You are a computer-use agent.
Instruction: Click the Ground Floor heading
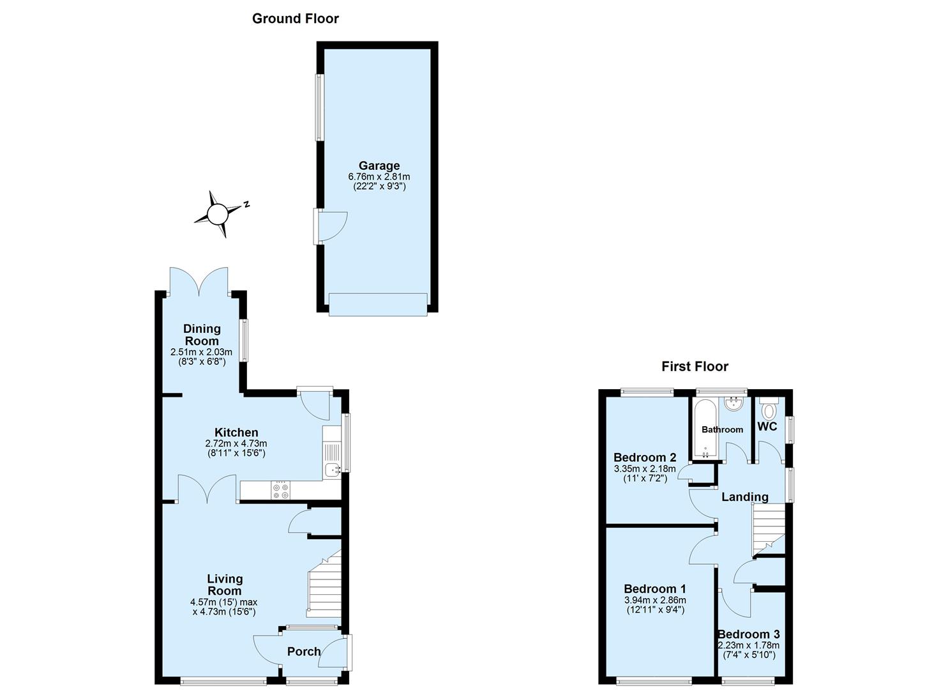[296, 19]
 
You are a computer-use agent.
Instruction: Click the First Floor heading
[695, 366]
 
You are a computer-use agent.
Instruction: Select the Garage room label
[379, 165]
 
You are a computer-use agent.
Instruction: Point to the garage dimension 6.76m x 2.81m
[379, 176]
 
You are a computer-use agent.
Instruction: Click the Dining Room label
[202, 335]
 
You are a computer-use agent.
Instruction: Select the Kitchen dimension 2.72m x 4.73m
[236, 443]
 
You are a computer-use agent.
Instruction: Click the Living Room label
[225, 585]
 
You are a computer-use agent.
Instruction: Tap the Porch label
[303, 652]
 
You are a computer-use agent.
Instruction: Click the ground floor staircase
[324, 585]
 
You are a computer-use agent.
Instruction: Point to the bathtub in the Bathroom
[705, 429]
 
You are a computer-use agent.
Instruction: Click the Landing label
[745, 497]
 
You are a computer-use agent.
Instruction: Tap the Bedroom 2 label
[645, 457]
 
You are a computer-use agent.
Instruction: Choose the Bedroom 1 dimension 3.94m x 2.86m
[655, 600]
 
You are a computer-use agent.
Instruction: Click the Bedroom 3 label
[749, 634]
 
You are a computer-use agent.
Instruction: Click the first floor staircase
[769, 532]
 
